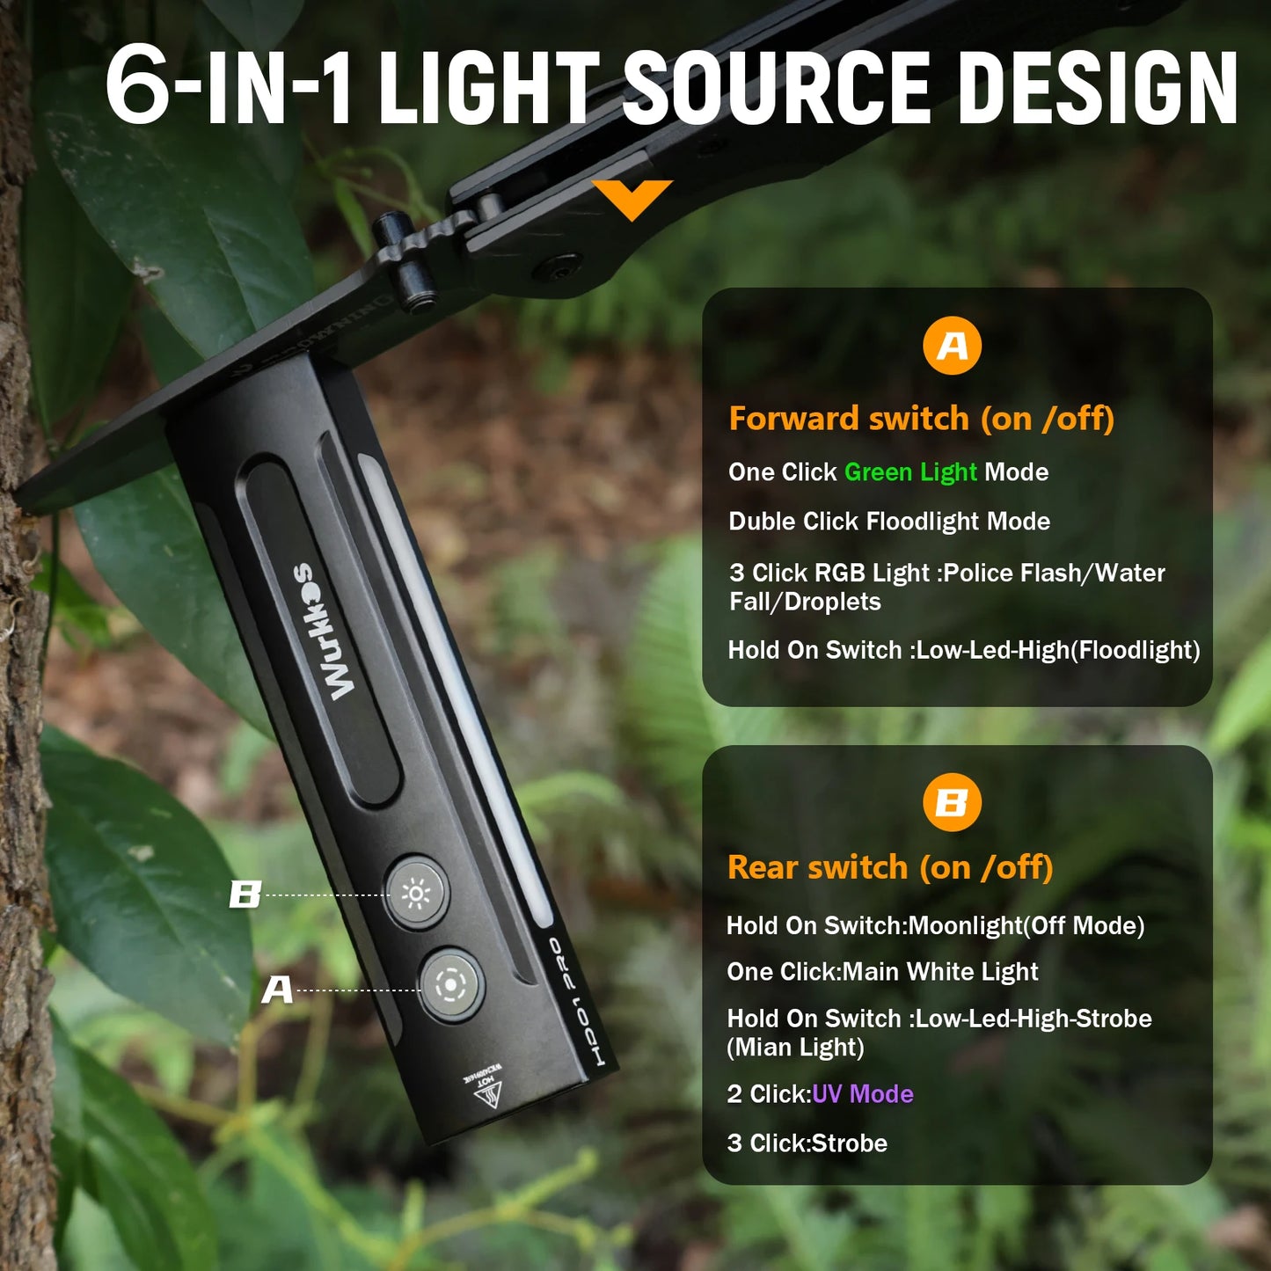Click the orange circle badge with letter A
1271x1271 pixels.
coord(952,346)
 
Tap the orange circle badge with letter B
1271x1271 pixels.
coord(952,802)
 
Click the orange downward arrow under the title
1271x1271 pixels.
coord(632,199)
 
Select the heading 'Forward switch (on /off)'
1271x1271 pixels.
coord(921,419)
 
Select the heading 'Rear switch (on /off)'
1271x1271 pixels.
coord(889,867)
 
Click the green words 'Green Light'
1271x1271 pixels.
coord(909,472)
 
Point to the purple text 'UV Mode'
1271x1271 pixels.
coord(862,1094)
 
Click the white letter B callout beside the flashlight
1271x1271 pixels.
coord(245,895)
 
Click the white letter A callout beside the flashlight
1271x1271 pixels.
coord(277,990)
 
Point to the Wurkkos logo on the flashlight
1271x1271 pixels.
coord(326,632)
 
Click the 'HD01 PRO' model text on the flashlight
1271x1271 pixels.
coord(577,1003)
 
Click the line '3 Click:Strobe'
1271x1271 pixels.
coord(807,1143)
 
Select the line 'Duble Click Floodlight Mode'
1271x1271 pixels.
coord(888,522)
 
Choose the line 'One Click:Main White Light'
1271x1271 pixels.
coord(882,972)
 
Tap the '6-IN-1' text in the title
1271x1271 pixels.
coord(229,88)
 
